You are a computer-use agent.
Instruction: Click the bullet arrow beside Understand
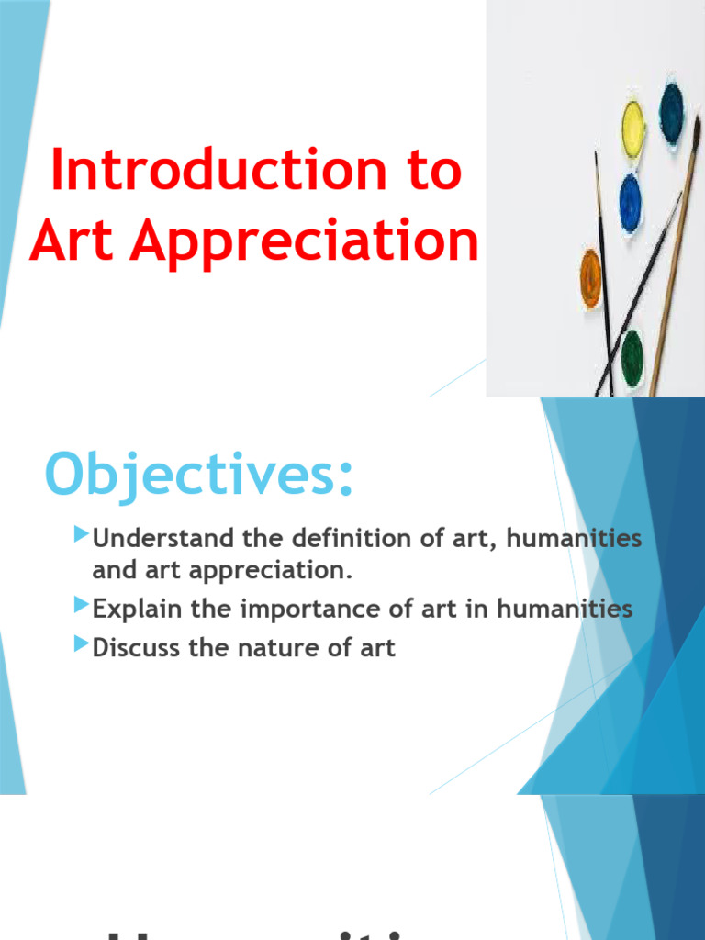[x=81, y=534]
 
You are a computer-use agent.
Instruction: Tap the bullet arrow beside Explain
[x=81, y=605]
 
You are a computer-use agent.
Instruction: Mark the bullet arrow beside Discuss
[x=81, y=644]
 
